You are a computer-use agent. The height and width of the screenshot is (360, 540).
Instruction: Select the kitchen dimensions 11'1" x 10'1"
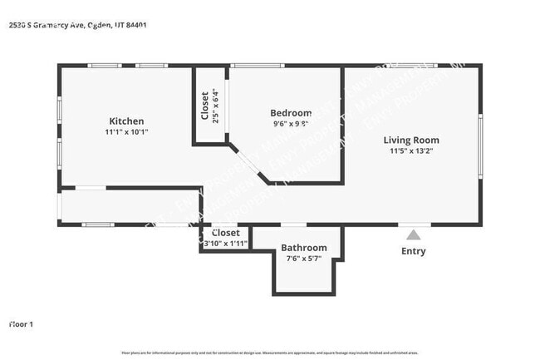[x=126, y=132]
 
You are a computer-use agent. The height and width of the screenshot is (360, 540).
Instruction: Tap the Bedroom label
[x=291, y=113]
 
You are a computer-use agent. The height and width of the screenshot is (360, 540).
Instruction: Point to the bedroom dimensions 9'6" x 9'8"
[x=291, y=124]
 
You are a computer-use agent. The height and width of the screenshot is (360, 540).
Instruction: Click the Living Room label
[x=410, y=140]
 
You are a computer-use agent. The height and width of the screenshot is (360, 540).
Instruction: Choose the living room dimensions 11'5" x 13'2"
[x=411, y=150]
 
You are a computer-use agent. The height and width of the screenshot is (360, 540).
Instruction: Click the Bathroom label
[x=303, y=248]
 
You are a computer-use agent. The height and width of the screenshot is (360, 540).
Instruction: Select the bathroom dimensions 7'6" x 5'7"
[x=303, y=259]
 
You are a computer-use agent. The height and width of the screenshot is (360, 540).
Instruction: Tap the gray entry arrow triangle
[x=413, y=234]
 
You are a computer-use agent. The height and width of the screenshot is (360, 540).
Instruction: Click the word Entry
[x=413, y=251]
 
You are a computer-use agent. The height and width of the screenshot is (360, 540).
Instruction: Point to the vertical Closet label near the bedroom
[x=204, y=105]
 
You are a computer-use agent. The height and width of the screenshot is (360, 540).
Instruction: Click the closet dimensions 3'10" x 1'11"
[x=225, y=244]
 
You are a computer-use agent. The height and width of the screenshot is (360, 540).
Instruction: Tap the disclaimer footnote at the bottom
[x=270, y=353]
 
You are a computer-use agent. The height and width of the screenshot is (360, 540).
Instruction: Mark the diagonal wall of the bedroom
[x=248, y=164]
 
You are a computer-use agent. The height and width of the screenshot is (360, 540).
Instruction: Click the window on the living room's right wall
[x=479, y=145]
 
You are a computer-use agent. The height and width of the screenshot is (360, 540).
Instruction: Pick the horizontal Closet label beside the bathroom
[x=225, y=234]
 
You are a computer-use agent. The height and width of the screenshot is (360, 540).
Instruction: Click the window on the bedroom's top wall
[x=257, y=66]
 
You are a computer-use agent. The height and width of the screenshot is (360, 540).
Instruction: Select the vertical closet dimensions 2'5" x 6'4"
[x=215, y=105]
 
